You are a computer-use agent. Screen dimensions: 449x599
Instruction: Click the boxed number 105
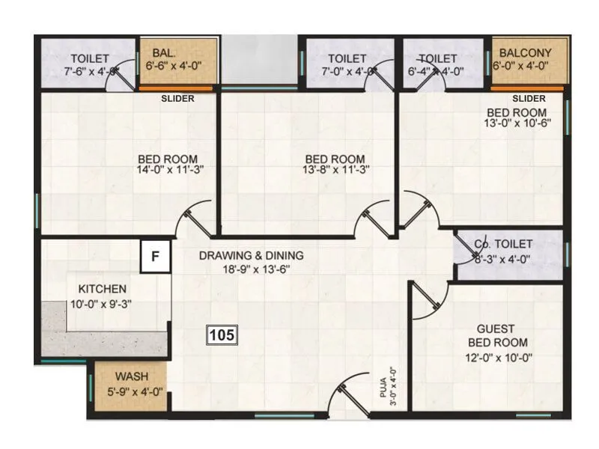click(x=222, y=335)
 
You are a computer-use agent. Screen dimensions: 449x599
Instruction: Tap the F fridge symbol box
click(x=156, y=256)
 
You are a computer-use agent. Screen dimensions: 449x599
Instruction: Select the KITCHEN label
click(x=103, y=289)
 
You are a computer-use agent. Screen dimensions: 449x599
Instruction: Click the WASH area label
click(x=131, y=376)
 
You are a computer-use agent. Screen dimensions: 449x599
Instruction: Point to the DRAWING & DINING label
click(x=252, y=256)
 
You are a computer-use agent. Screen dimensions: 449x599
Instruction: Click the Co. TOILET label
click(x=504, y=244)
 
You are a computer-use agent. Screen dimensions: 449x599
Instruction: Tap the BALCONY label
click(x=526, y=53)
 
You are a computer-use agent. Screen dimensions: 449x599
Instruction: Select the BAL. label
click(x=163, y=53)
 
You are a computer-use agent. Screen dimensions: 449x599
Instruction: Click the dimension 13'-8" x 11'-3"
click(x=335, y=171)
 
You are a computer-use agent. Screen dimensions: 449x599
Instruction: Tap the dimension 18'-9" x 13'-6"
click(x=252, y=269)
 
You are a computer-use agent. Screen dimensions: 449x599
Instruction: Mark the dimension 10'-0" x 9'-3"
click(x=103, y=303)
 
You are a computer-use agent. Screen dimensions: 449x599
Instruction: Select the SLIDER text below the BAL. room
click(x=178, y=98)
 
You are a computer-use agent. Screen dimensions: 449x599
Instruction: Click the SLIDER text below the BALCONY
click(x=529, y=98)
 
